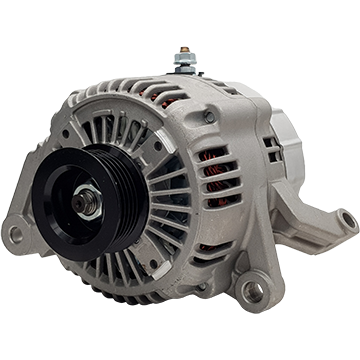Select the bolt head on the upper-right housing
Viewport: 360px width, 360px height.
tap(209, 117)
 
